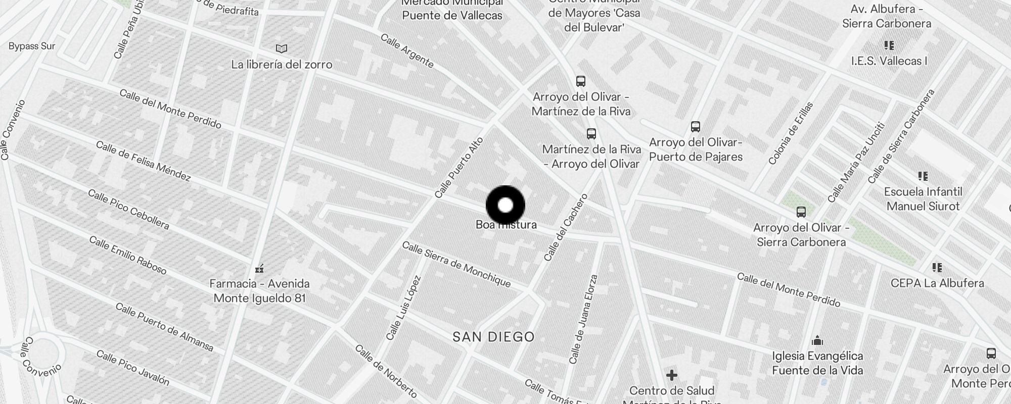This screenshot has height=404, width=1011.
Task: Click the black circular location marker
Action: pos(505,206)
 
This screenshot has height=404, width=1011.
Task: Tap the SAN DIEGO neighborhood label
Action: pos(493,337)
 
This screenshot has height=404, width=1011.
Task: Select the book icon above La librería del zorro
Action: pos(282,49)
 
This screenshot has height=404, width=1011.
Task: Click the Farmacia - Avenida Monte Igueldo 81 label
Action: pos(260,291)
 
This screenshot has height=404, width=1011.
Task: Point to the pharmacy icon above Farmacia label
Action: pos(259,268)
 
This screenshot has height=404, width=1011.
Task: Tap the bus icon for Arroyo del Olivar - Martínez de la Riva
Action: pos(581,81)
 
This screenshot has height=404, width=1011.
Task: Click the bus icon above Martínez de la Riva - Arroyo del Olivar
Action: pos(591,134)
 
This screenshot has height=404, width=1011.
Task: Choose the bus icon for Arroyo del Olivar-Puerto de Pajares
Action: pos(696,127)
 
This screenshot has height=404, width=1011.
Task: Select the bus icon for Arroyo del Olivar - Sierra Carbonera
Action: pos(801,212)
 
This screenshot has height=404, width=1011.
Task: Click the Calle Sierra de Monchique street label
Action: pos(456,265)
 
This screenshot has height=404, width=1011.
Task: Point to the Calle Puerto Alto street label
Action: pos(459,168)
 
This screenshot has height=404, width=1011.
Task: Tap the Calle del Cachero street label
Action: pos(566,227)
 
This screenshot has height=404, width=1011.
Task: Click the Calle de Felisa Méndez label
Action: pos(143,161)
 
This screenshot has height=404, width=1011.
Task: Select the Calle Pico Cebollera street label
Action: pos(128,209)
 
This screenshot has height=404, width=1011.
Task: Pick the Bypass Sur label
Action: pos(32,46)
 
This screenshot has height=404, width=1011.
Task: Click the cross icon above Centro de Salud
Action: pos(672,375)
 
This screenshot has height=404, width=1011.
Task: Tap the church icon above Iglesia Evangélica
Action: pos(817,341)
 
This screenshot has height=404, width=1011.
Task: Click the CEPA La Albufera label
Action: pos(937,283)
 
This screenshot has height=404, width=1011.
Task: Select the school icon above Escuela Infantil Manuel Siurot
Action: pos(923,176)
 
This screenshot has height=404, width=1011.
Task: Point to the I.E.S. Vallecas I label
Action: pos(889,61)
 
